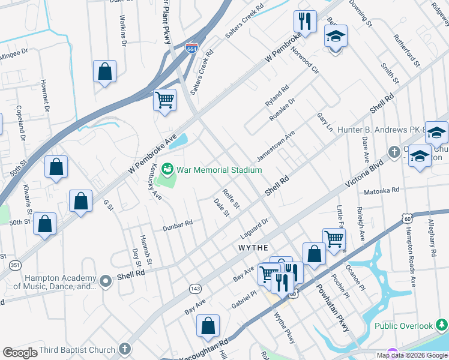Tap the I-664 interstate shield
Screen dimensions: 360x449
tap(192, 47)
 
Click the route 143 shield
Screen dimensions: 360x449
tap(194, 289)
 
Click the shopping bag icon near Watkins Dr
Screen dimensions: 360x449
tap(105, 71)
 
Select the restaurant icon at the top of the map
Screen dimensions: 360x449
tap(305, 22)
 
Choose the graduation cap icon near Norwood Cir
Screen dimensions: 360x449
tap(336, 36)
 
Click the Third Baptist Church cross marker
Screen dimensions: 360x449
tap(125, 349)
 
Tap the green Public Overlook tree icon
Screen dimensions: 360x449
tap(442, 325)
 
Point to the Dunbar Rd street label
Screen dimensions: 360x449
tap(177, 226)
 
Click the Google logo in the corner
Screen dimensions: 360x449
tap(20, 353)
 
